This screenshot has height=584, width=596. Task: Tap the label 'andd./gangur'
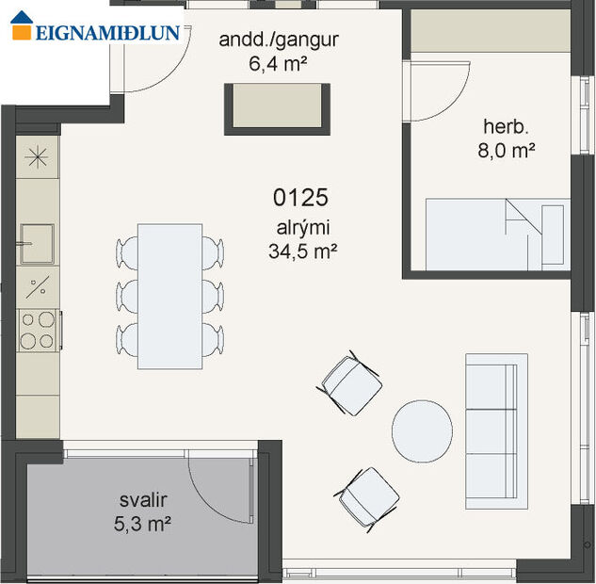278,41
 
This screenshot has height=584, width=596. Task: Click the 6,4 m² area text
278,63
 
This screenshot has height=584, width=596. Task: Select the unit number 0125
299,198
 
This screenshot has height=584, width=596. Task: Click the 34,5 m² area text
302,251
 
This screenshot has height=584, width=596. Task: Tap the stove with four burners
38,329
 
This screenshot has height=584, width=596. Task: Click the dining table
169,296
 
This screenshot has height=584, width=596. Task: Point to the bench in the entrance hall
278,108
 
